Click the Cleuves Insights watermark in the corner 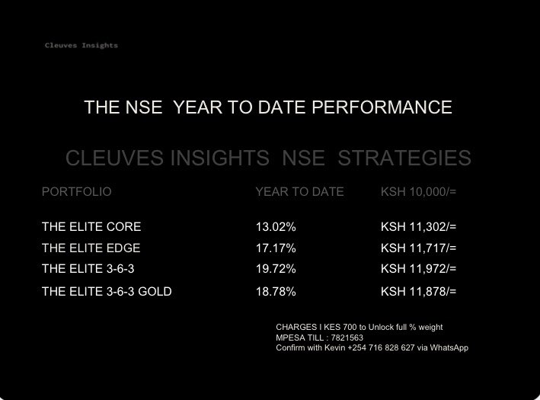81,46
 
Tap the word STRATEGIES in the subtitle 404,158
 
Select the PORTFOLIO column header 76,192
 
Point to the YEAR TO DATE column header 299,192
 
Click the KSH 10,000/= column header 418,192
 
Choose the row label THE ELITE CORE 91,227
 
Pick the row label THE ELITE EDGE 91,248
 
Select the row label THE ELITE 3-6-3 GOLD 107,292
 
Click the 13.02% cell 276,227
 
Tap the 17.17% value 276,248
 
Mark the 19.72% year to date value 276,269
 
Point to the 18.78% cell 276,292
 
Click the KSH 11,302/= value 418,227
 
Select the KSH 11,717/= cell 418,248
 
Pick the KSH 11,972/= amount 418,269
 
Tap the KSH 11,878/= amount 418,292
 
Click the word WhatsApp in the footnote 450,348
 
